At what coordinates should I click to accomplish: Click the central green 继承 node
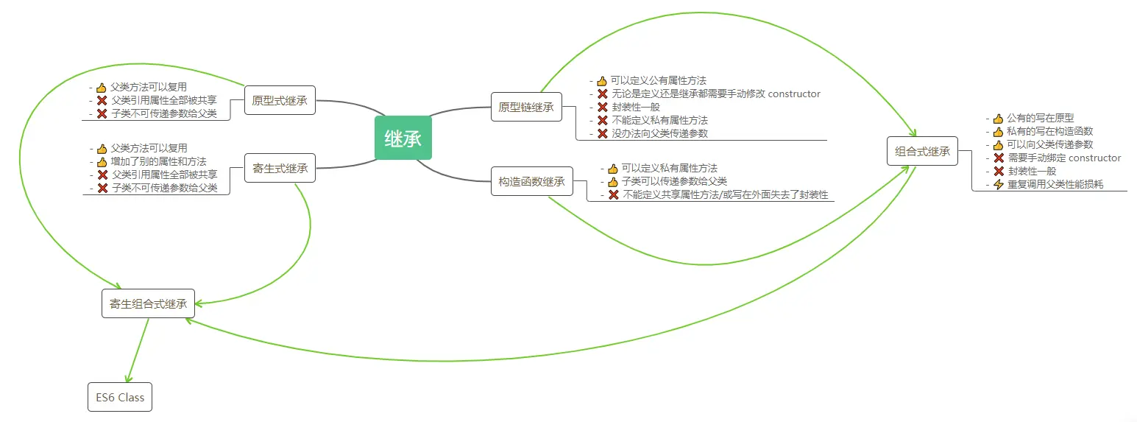(x=403, y=138)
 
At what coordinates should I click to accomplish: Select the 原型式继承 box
(x=280, y=100)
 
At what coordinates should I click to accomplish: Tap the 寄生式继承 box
(x=280, y=168)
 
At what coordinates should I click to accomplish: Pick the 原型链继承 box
(x=525, y=107)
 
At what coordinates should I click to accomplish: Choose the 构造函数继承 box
(x=531, y=181)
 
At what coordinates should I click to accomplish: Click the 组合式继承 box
(x=922, y=151)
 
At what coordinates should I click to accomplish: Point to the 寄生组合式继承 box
(x=148, y=303)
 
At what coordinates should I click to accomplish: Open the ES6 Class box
(x=120, y=398)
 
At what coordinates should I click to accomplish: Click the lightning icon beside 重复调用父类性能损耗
(x=999, y=184)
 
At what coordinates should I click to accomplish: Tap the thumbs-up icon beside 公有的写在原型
(x=999, y=118)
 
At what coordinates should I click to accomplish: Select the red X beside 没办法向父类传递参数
(x=603, y=133)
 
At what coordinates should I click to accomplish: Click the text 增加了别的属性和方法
(x=158, y=161)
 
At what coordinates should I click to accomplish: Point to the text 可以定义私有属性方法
(x=669, y=168)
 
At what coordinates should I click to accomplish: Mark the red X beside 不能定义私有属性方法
(x=603, y=120)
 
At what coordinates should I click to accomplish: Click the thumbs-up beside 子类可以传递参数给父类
(x=613, y=182)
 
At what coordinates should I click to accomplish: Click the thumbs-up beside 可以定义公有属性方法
(x=602, y=80)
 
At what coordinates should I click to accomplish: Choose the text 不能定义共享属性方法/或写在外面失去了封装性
(x=725, y=195)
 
